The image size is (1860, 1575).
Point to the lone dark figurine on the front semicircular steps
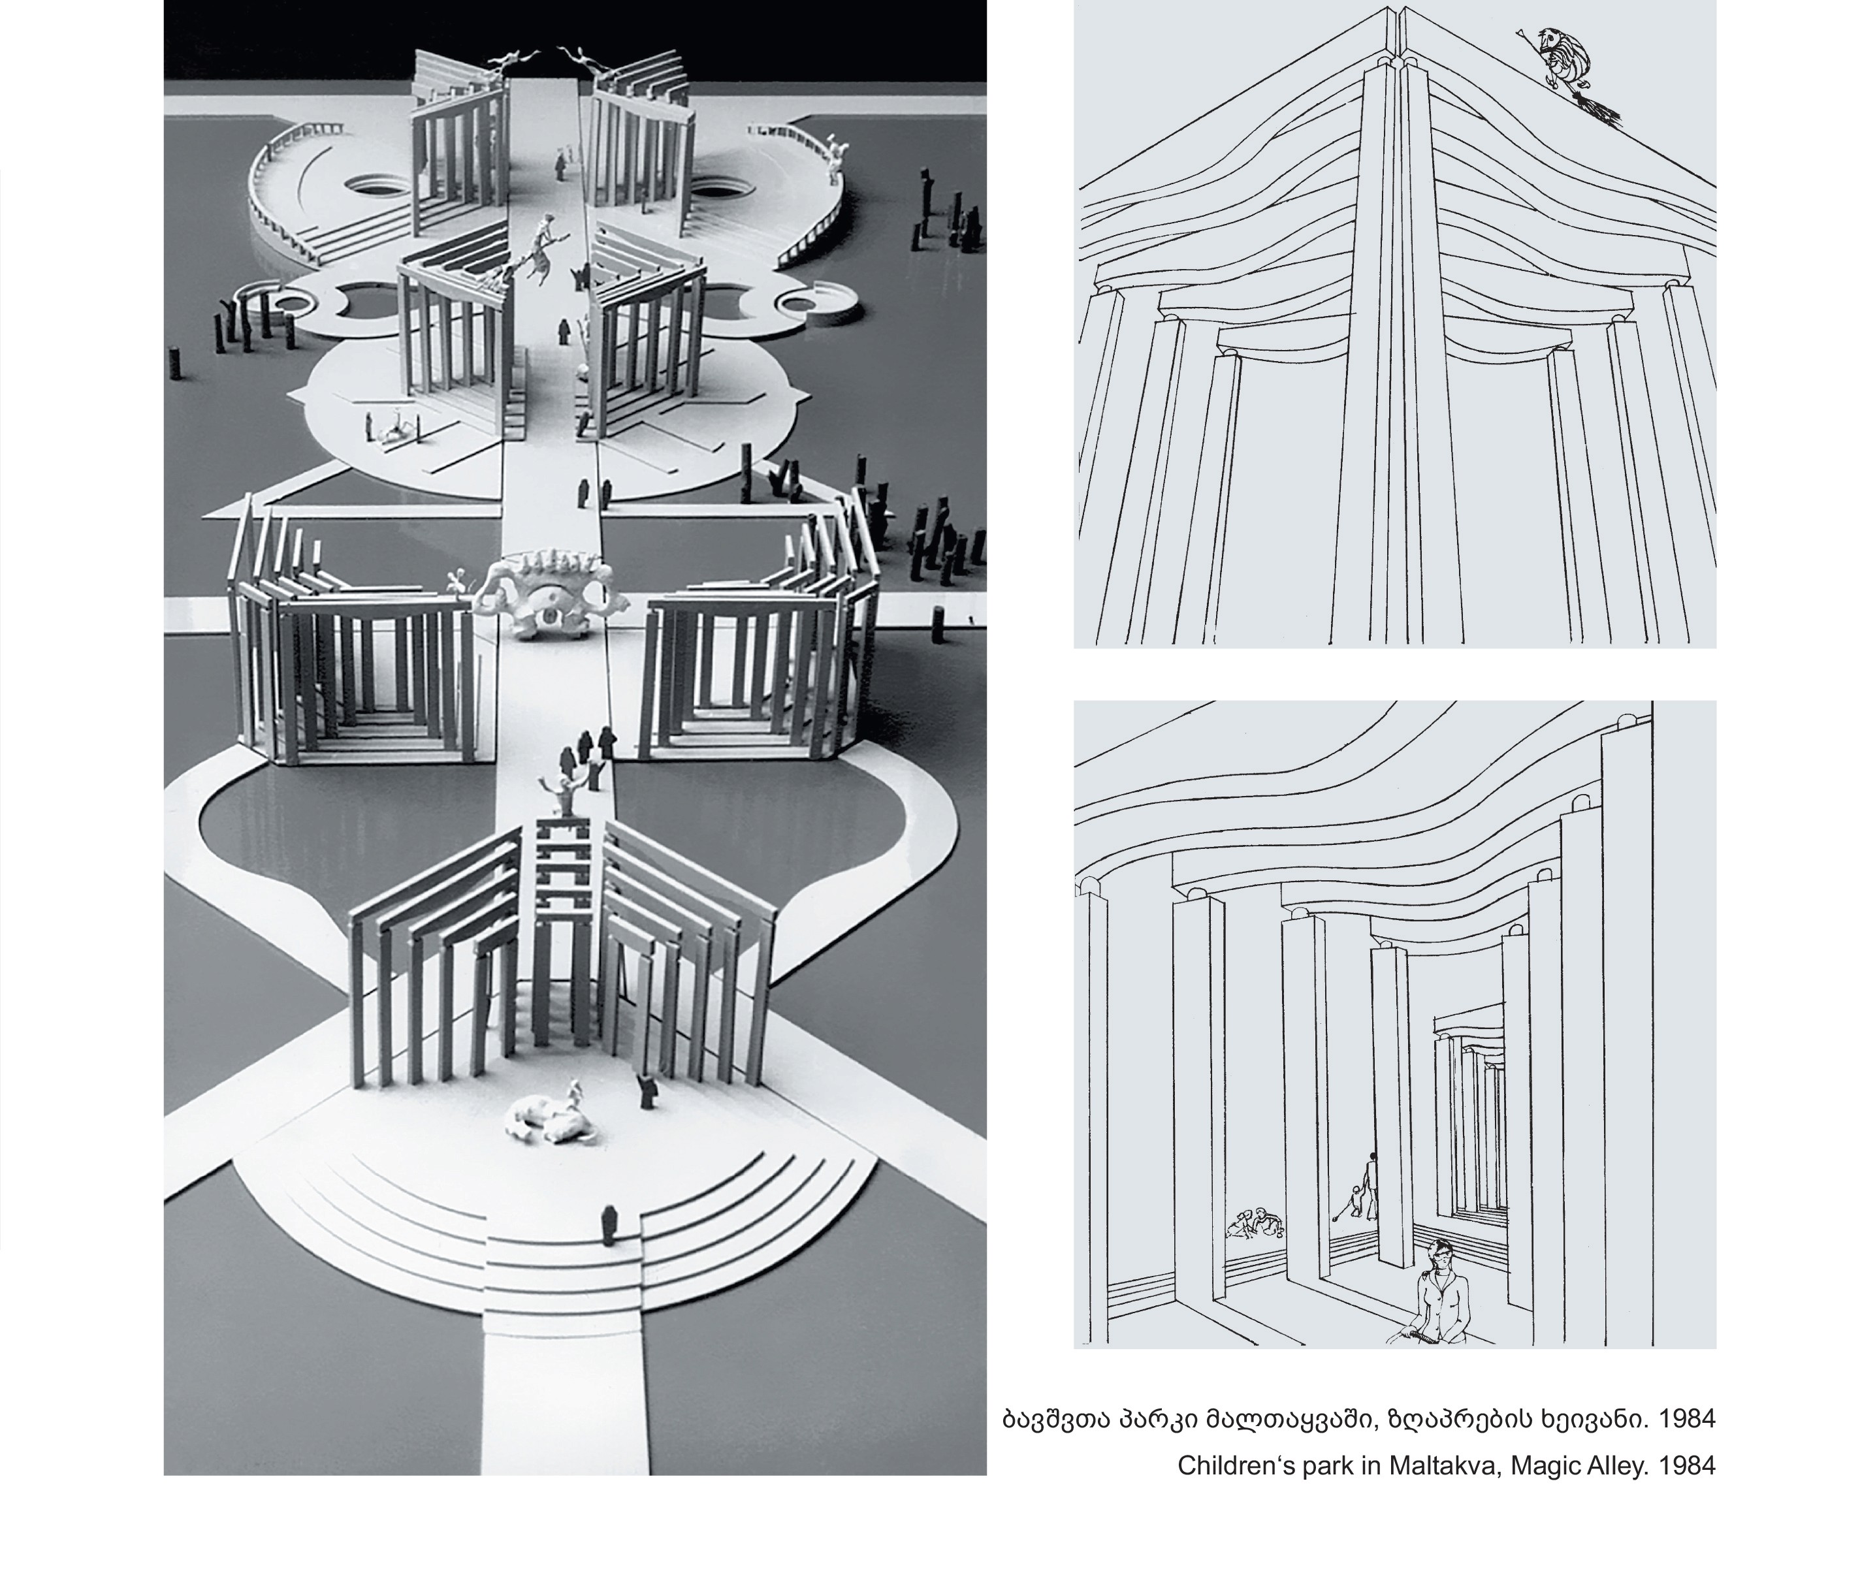(x=610, y=1225)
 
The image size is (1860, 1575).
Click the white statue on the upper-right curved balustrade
(x=835, y=153)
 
